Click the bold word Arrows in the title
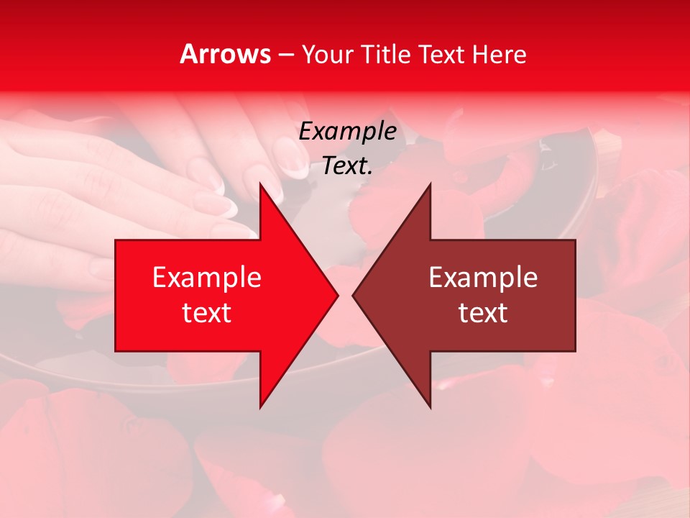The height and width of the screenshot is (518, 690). (225, 54)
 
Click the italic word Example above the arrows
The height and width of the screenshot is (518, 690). (347, 132)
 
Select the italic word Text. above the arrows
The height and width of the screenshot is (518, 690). (347, 166)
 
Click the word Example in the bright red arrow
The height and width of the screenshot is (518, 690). (207, 278)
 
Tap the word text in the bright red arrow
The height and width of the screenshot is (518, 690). (207, 313)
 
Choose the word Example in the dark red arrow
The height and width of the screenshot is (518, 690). (483, 278)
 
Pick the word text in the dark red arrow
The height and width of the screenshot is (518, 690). (483, 313)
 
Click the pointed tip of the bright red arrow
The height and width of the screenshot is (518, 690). (338, 296)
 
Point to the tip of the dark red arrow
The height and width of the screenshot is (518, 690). (352, 296)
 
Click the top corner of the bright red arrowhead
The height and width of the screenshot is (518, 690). (260, 183)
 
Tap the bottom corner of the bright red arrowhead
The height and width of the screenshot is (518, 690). (260, 408)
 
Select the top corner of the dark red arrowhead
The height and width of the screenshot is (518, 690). (430, 183)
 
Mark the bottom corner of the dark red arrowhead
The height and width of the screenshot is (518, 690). (430, 408)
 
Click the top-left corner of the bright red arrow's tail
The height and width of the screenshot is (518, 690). (116, 240)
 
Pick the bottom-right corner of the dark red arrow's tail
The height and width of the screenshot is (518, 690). (575, 351)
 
